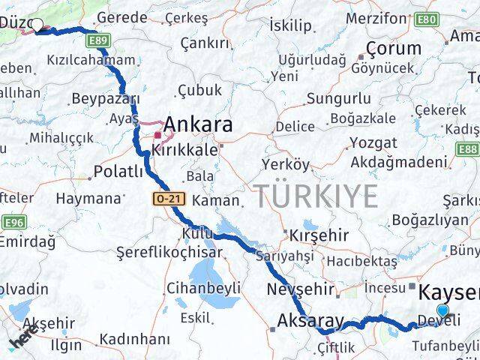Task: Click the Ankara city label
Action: click(198, 124)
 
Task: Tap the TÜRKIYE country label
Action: click(315, 197)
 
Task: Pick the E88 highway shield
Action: click(469, 149)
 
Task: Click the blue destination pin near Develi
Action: click(442, 311)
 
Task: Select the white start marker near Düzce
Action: click(36, 24)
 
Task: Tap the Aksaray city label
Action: click(310, 321)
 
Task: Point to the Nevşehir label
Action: click(300, 289)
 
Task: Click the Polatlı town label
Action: click(118, 172)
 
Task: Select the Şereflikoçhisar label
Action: click(169, 253)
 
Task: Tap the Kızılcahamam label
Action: click(91, 60)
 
